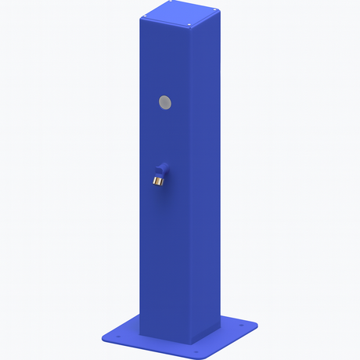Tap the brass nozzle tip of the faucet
[x=157, y=182]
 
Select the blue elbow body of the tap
[x=161, y=168]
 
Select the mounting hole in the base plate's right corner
[x=250, y=323]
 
